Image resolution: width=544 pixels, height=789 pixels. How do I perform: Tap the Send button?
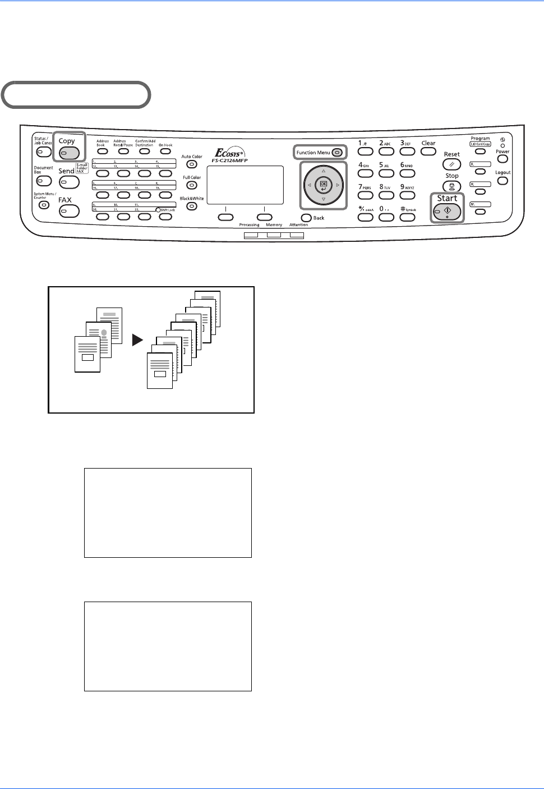coord(70,182)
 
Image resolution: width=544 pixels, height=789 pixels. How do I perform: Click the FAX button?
coord(70,211)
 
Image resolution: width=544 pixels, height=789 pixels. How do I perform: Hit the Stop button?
coord(452,187)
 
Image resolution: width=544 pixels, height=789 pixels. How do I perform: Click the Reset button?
coord(451,164)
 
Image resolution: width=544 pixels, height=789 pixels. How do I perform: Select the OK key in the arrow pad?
coord(324,184)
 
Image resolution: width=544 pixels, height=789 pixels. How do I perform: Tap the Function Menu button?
coord(336,153)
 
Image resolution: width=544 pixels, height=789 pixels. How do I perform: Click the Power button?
coord(502,159)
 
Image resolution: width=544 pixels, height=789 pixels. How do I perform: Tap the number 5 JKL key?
coord(386,173)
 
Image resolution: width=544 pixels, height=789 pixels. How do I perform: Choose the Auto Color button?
coord(192,164)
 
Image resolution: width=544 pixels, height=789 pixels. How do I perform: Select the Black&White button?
coord(192,206)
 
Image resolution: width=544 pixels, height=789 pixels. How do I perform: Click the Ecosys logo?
coord(230,153)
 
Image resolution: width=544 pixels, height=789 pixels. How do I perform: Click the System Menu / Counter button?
coord(44,205)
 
